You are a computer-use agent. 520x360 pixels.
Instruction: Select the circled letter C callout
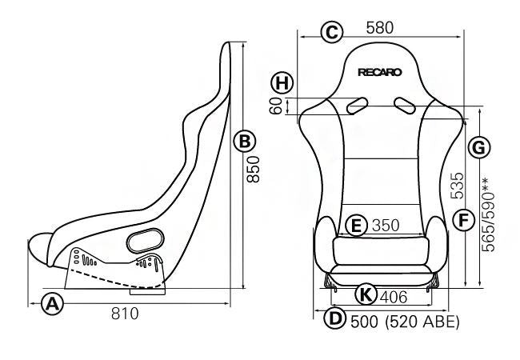(330, 32)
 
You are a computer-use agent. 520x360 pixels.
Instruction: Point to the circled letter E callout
(358, 226)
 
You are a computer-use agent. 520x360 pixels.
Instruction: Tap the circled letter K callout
(366, 295)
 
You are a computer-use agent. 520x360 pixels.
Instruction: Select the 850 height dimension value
(253, 170)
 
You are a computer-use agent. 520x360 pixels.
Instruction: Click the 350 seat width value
(386, 226)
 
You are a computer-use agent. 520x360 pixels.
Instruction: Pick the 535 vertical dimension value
(457, 185)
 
